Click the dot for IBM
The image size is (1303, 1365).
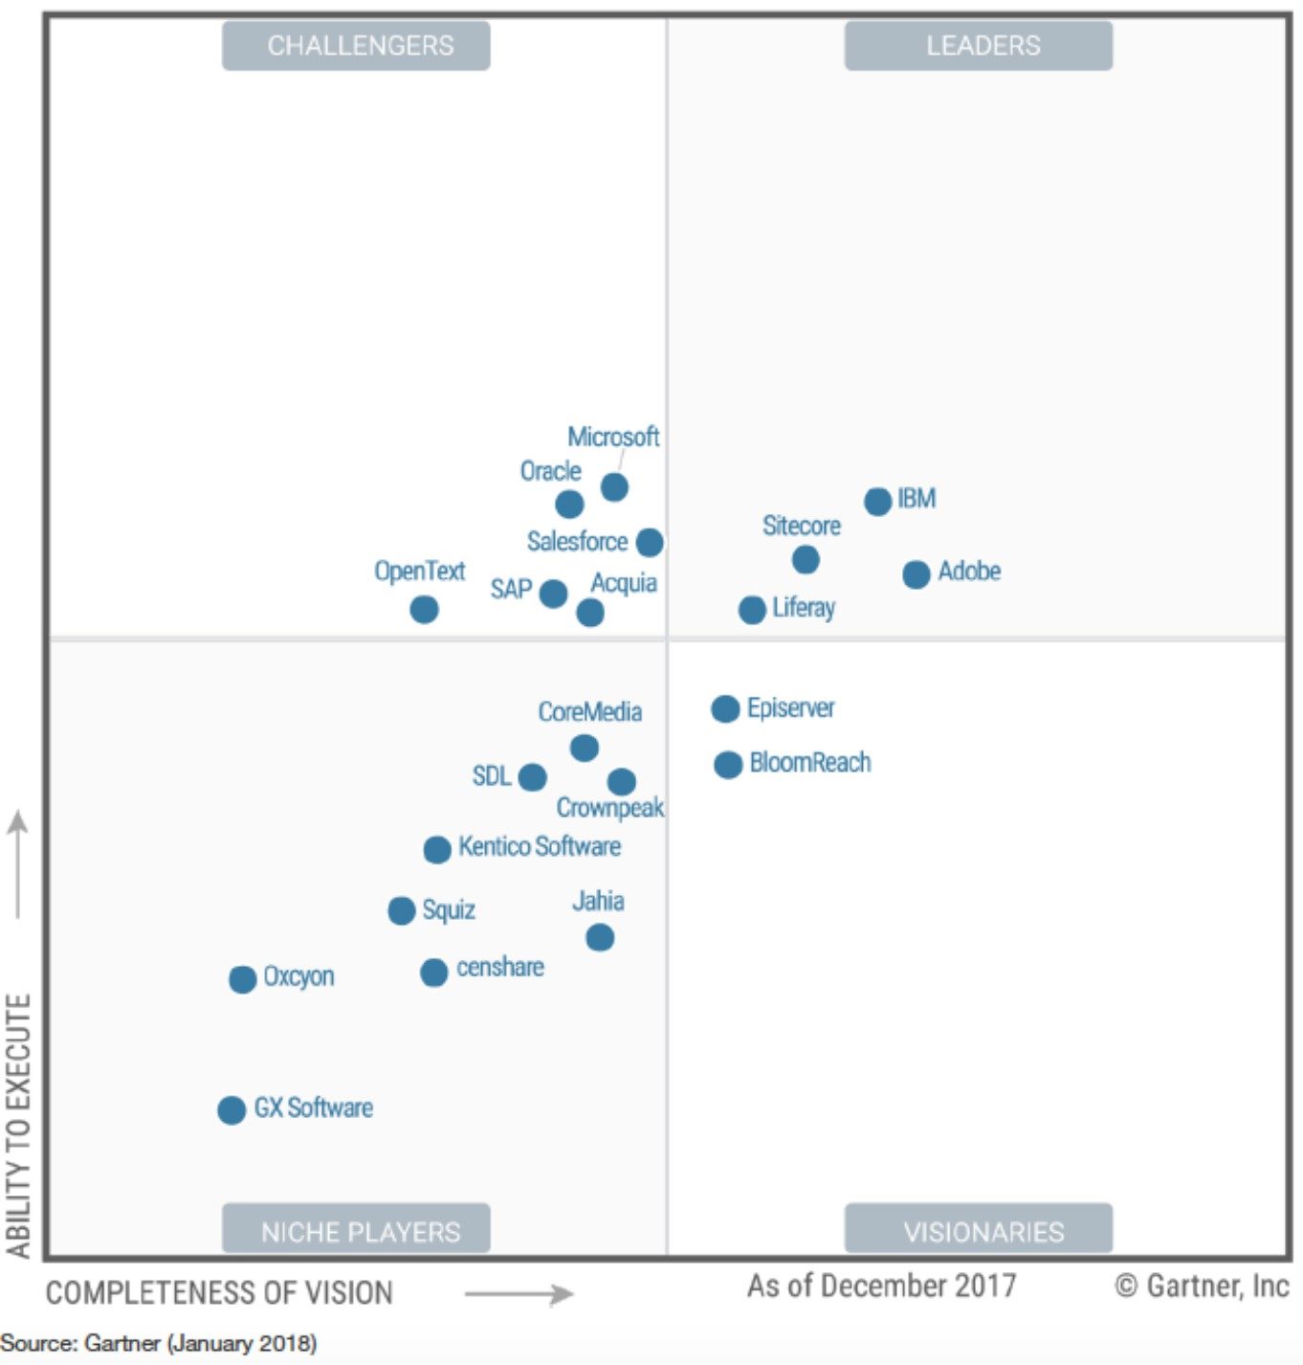click(x=877, y=501)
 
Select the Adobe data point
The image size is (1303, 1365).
click(x=916, y=574)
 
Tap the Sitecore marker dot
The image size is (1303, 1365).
click(x=806, y=559)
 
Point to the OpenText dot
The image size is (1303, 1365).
click(x=424, y=609)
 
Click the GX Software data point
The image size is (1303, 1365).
click(x=232, y=1109)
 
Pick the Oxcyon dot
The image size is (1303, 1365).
click(x=243, y=979)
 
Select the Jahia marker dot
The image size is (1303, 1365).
click(x=600, y=937)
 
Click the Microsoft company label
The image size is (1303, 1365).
click(x=613, y=437)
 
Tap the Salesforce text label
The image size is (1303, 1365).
click(x=577, y=542)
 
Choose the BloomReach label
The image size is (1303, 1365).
click(x=810, y=763)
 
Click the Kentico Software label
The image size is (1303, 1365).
click(x=540, y=846)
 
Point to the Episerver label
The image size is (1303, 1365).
click(x=790, y=708)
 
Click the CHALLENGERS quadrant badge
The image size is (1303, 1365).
click(x=356, y=46)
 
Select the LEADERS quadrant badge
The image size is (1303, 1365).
click(x=978, y=46)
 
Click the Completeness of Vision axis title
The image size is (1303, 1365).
click(x=219, y=1293)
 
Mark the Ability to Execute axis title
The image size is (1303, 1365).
click(x=19, y=1125)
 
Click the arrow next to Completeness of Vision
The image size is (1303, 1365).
click(x=519, y=1295)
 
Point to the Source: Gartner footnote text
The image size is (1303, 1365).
click(x=159, y=1343)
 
